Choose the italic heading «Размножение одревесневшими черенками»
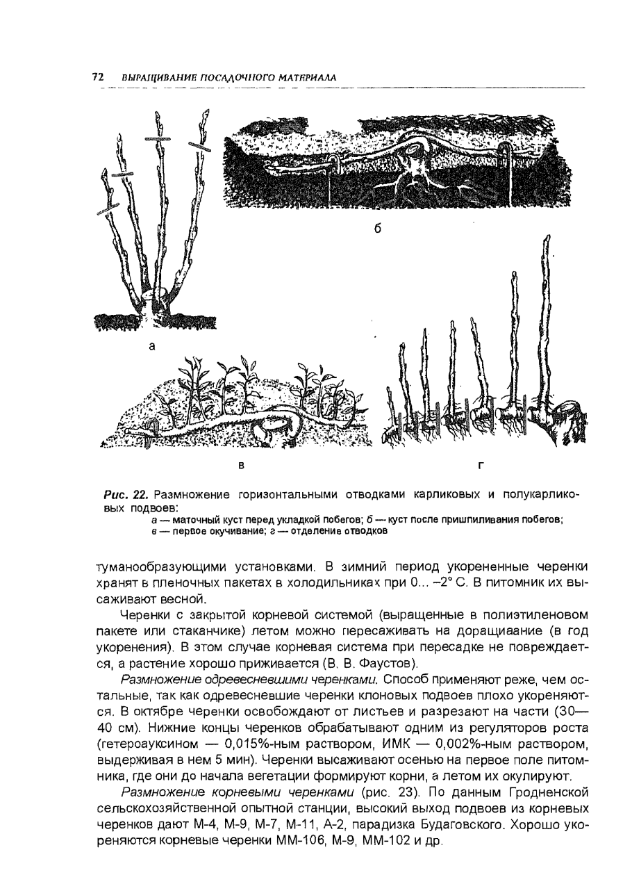click(249, 678)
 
